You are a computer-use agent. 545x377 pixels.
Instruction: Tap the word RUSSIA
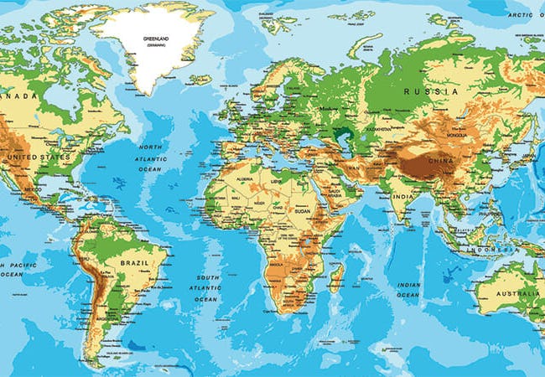click(431, 90)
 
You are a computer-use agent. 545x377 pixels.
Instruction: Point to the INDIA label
click(402, 198)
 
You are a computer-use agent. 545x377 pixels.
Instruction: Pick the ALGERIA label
click(246, 179)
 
